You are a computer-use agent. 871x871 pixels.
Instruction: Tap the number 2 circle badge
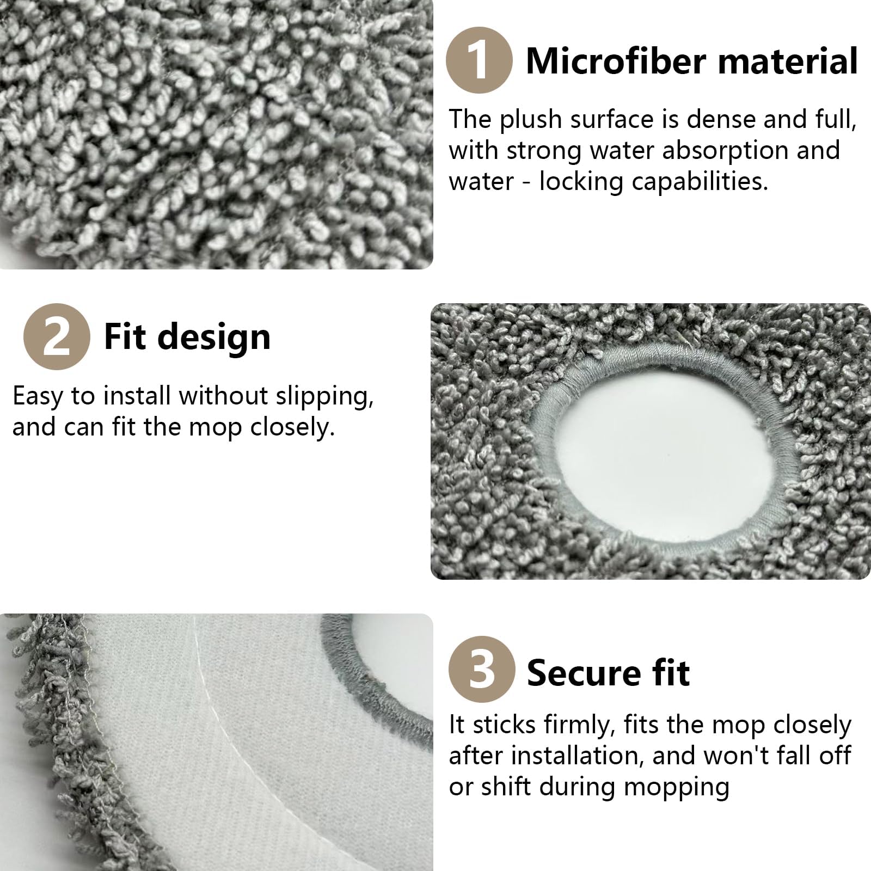click(x=57, y=336)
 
